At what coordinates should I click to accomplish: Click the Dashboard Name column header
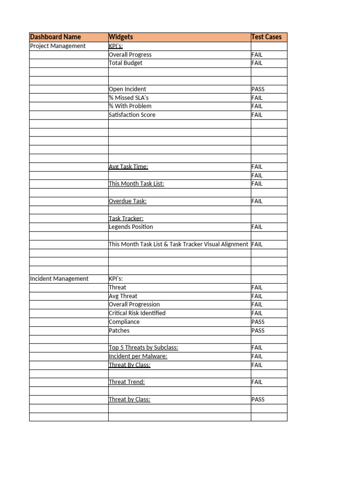[x=55, y=37]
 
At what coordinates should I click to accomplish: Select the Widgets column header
[x=121, y=37]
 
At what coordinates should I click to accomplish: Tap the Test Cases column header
[x=266, y=37]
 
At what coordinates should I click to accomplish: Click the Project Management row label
[x=58, y=46]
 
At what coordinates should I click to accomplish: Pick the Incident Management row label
[x=59, y=278]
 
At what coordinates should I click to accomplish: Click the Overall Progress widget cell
[x=130, y=54]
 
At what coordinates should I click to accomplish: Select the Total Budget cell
[x=125, y=63]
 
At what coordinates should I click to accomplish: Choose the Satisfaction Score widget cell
[x=132, y=115]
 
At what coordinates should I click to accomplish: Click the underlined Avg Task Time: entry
[x=128, y=166]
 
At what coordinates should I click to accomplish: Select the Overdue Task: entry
[x=127, y=201]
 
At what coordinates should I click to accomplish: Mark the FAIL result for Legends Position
[x=257, y=227]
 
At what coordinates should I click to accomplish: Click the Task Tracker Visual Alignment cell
[x=178, y=244]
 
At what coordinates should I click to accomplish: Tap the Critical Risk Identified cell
[x=137, y=313]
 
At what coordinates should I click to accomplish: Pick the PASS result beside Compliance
[x=258, y=322]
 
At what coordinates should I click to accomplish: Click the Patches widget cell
[x=119, y=330]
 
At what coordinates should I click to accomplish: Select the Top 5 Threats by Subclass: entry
[x=143, y=348]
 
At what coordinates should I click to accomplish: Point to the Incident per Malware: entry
[x=138, y=356]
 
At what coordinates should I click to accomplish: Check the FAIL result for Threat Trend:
[x=257, y=382]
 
